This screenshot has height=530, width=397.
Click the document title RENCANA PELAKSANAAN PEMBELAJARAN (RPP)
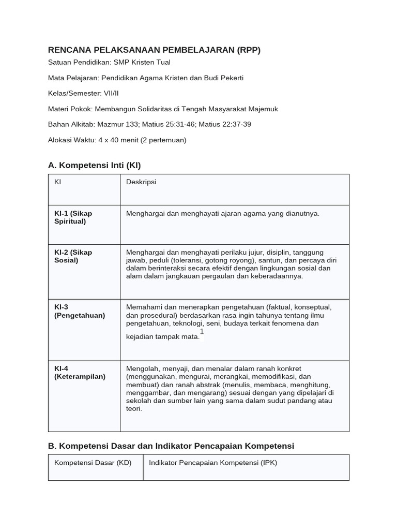[x=154, y=50]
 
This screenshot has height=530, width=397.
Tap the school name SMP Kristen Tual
[x=142, y=63]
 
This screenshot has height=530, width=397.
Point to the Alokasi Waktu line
[x=117, y=140]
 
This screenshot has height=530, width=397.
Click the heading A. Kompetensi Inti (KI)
[x=94, y=165]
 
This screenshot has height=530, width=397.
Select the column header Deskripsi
[x=141, y=182]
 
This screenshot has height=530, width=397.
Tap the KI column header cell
[x=58, y=182]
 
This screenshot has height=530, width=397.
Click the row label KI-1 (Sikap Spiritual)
[x=73, y=217]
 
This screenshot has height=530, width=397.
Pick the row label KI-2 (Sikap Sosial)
[x=73, y=256]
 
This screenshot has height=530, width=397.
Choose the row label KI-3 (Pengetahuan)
[x=79, y=311]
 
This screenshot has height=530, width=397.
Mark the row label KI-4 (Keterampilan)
[x=80, y=373]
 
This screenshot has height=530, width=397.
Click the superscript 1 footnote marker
[x=202, y=332]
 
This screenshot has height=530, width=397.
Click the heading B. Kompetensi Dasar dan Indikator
[x=171, y=446]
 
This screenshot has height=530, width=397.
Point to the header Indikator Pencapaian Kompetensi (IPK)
[x=213, y=463]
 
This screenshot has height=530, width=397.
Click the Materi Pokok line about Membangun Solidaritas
[x=163, y=109]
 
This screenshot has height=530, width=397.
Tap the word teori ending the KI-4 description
[x=134, y=409]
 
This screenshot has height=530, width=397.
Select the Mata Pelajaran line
[x=145, y=78]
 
